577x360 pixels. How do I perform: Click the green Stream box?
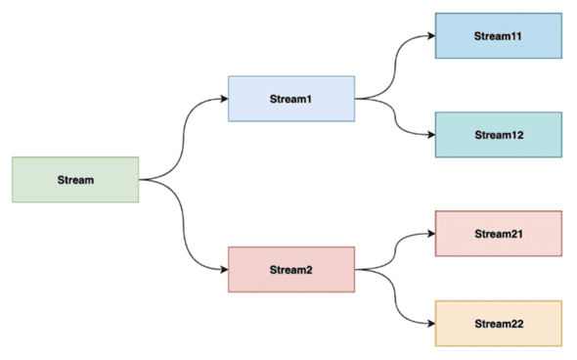pos(74,179)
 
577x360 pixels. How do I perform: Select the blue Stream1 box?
pos(290,98)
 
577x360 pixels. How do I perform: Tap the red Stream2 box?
pos(290,269)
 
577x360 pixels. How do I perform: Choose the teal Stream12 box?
pos(499,135)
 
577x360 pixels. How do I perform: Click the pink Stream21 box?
pos(499,235)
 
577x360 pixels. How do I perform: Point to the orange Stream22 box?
pos(499,324)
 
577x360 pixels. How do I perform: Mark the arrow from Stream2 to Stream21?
pos(395,250)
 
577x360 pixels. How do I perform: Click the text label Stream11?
pos(499,36)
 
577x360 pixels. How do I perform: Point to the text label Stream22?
pos(499,324)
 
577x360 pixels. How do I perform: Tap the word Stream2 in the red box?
pos(290,269)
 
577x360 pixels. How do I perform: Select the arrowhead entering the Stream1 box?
pos(223,98)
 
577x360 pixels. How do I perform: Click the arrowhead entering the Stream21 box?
pos(430,234)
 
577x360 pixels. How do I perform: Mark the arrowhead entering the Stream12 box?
pos(430,135)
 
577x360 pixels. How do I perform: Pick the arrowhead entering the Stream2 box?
pos(223,269)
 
